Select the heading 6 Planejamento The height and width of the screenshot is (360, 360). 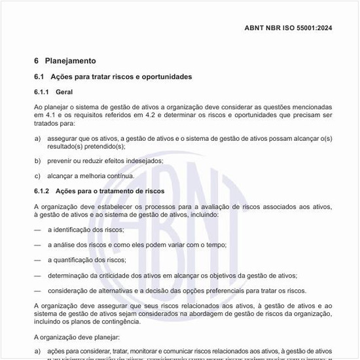click(65, 61)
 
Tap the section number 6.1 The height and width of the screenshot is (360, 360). click(39, 77)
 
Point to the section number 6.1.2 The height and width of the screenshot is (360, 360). click(42, 191)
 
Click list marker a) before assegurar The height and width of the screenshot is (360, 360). click(37, 138)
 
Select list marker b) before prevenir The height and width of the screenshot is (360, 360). click(37, 160)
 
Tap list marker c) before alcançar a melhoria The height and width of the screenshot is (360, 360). click(37, 175)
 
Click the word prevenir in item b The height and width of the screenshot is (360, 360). click(60, 160)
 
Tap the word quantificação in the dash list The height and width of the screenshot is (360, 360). click(73, 260)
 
